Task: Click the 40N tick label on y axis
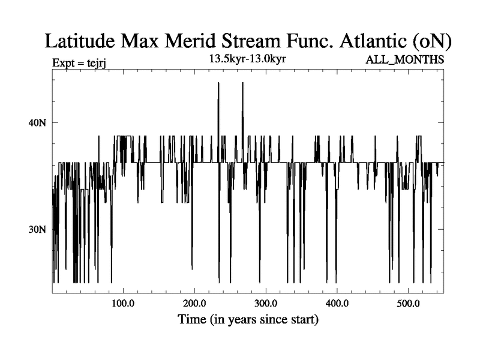pos(37,123)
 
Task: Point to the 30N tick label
pos(37,230)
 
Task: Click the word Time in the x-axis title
pos(193,320)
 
